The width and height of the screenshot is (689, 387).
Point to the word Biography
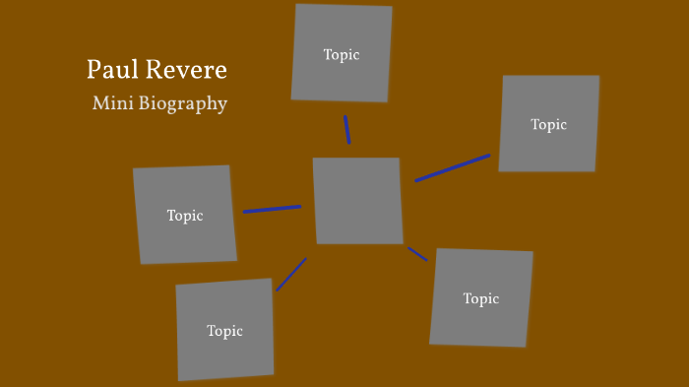[185, 104]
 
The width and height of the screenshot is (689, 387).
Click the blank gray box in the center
[357, 200]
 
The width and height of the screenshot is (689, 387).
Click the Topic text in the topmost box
[342, 55]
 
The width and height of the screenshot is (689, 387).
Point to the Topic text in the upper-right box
[548, 125]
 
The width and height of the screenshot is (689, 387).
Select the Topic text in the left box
[185, 216]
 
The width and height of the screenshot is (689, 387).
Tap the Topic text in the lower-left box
[224, 331]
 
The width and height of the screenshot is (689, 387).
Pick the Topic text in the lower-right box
[481, 298]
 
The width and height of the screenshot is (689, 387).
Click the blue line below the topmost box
[346, 129]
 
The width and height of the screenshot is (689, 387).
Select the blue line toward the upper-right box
[452, 167]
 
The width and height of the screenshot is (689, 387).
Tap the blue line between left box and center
[272, 209]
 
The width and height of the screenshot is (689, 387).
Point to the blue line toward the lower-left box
[291, 274]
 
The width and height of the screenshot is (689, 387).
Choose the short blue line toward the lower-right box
[417, 254]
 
